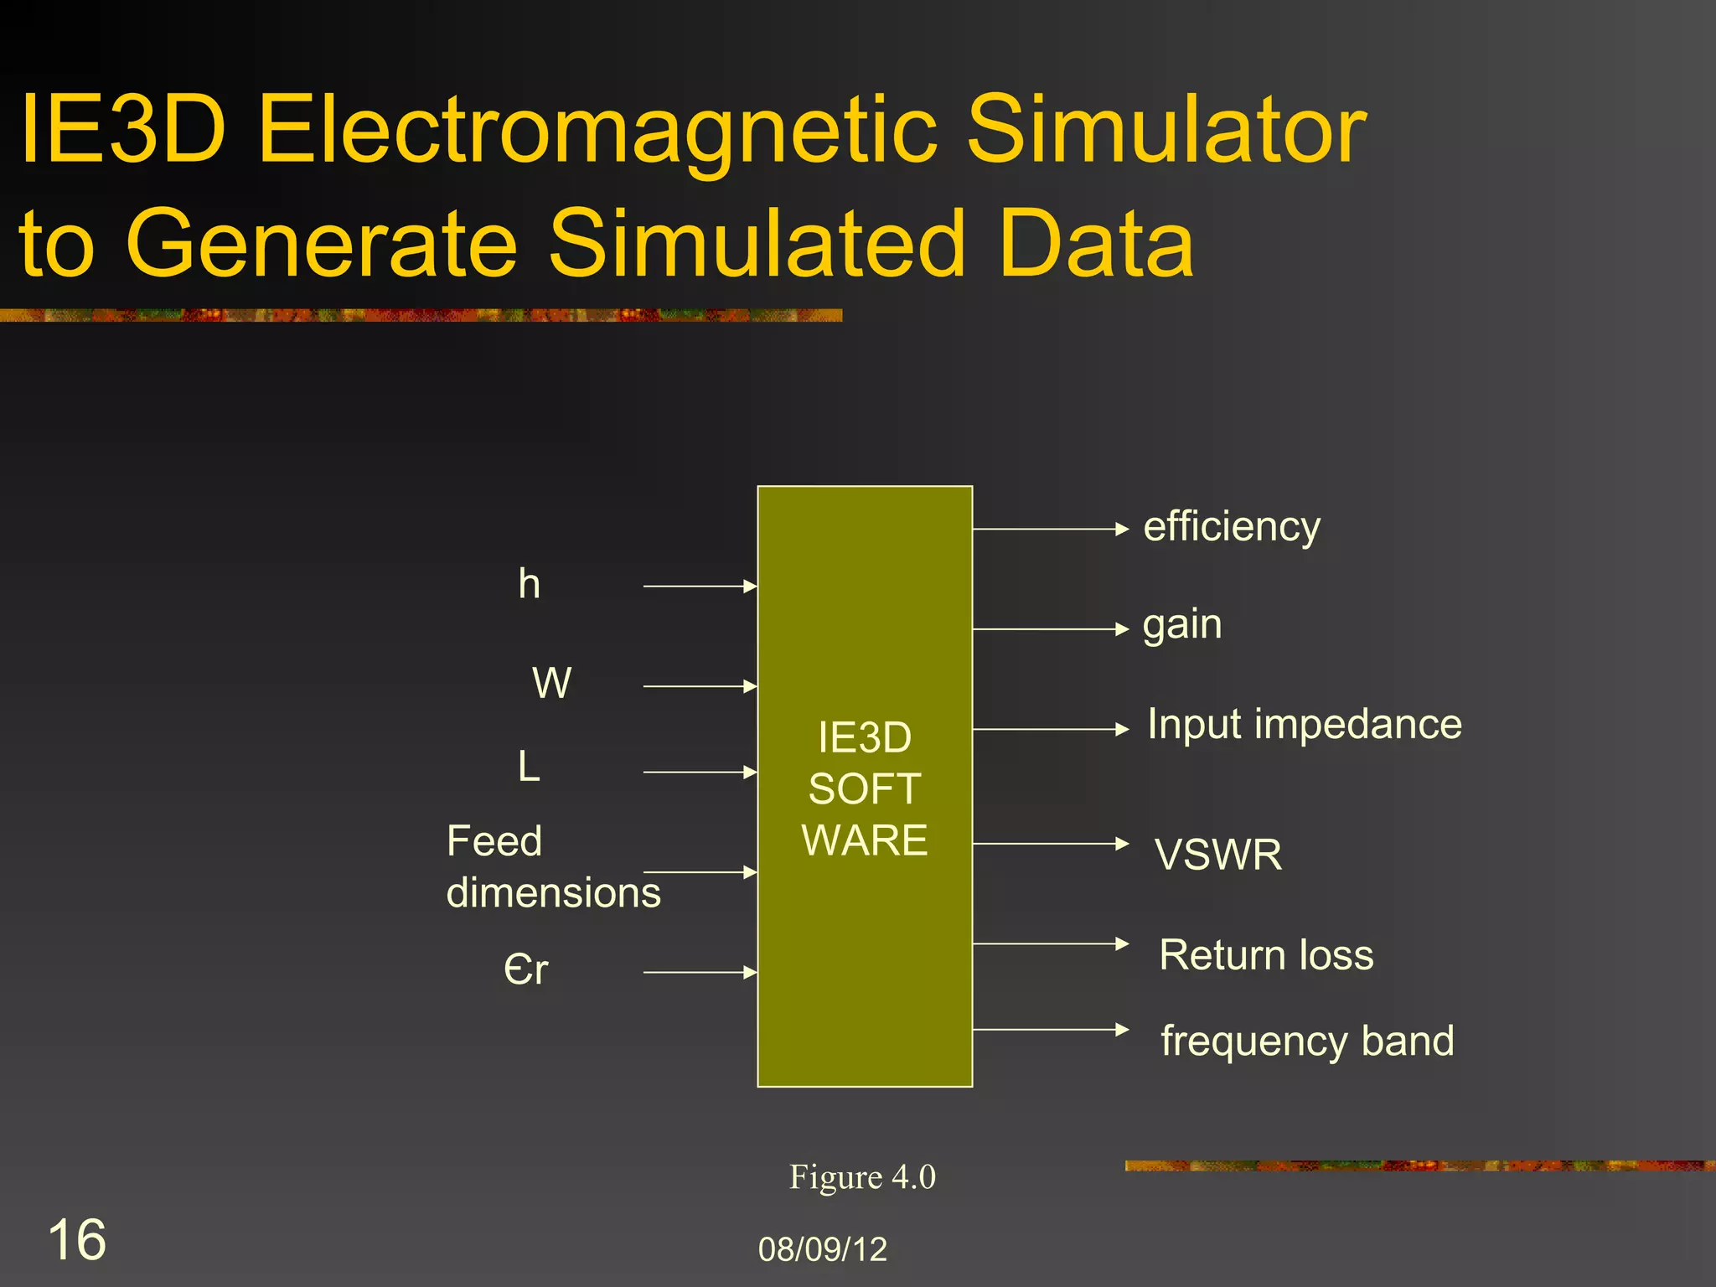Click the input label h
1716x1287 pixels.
[x=529, y=584]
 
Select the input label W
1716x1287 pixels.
[x=552, y=683]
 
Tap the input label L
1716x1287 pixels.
[x=529, y=766]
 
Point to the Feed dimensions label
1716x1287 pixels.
[x=553, y=866]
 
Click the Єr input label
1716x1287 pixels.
[x=526, y=969]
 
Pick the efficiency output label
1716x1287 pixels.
[x=1232, y=528]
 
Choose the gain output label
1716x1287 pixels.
[x=1182, y=625]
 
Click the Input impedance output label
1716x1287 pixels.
[x=1305, y=724]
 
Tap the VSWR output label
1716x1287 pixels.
[x=1218, y=855]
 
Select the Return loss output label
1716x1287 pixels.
[x=1266, y=955]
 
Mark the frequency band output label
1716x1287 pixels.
[x=1307, y=1041]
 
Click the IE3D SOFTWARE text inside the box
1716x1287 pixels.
[x=865, y=788]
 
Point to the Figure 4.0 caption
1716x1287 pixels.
[x=862, y=1177]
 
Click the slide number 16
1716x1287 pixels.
[x=77, y=1239]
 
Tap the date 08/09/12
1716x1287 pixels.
[x=822, y=1249]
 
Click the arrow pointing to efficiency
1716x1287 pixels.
[x=1051, y=529]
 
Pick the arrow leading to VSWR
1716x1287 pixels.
[x=1051, y=844]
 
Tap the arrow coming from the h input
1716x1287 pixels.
[x=700, y=587]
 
